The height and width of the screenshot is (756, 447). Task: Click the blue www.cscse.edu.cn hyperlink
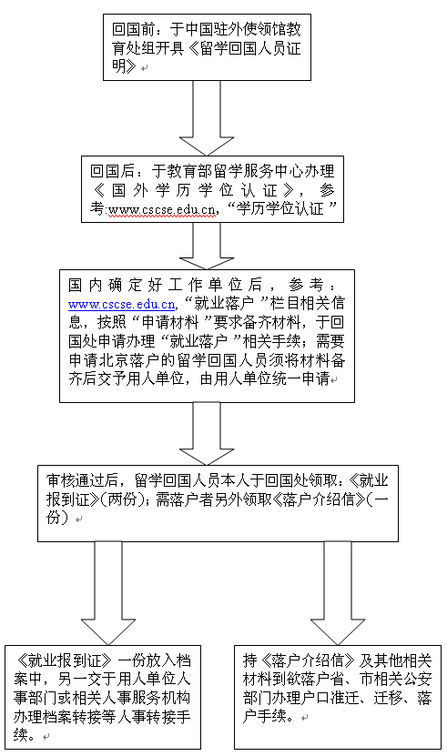pos(122,305)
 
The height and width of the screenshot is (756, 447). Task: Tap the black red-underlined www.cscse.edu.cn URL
pos(162,210)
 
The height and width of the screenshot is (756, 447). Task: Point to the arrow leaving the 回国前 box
pos(207,117)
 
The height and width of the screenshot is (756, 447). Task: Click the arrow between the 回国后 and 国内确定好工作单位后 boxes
pos(207,246)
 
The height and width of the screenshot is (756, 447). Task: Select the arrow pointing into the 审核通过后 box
pos(207,433)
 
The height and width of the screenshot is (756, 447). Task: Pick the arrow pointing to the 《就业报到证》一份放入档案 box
pos(108,593)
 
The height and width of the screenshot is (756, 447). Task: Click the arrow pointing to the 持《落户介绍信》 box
pos(338,593)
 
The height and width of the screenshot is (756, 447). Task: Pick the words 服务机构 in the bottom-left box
pos(161,698)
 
